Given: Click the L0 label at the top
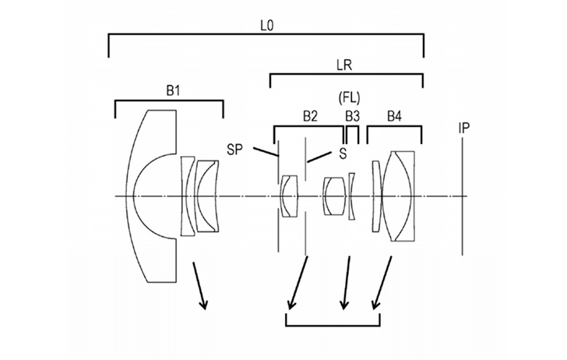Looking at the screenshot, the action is [x=267, y=26].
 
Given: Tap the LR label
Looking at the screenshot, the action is [x=344, y=65].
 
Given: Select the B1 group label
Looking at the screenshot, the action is [x=173, y=91].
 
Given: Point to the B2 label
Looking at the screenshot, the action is [x=310, y=117].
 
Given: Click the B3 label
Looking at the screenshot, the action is [x=353, y=117].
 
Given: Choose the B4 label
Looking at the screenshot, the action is [x=394, y=117].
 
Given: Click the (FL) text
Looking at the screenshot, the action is [x=349, y=97].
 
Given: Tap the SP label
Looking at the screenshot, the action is [x=235, y=150].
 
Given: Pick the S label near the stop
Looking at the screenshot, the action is [x=343, y=154].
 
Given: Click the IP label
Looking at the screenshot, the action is [x=464, y=128].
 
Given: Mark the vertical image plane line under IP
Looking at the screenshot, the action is [x=462, y=196].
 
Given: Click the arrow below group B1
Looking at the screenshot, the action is [x=199, y=286].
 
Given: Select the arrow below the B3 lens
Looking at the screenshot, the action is [x=346, y=283].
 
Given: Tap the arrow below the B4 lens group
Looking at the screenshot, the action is [x=382, y=283].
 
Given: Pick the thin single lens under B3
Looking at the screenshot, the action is [x=351, y=196].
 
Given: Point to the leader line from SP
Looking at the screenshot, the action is [x=266, y=152].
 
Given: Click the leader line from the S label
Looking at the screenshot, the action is [x=319, y=157].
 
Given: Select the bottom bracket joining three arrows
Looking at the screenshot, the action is [x=333, y=325].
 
